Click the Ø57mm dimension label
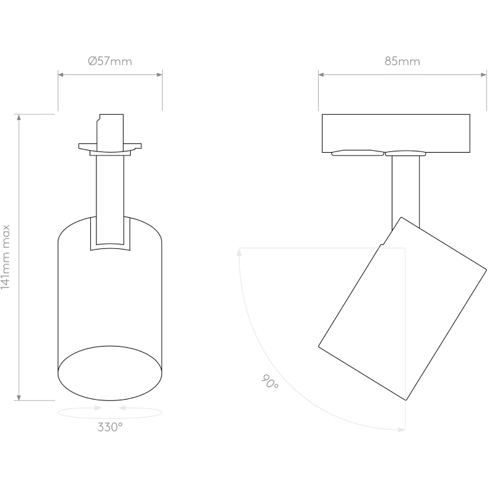coord(110,61)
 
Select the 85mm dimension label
coord(402,61)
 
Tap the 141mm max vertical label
coord(5,257)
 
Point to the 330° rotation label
coord(110,427)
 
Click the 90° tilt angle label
coord(270,382)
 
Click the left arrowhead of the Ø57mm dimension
coord(61,74)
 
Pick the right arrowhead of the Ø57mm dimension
coord(159,74)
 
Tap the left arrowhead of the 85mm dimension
coord(321,74)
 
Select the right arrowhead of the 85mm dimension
coord(483,74)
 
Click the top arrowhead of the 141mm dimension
coord(19,118)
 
